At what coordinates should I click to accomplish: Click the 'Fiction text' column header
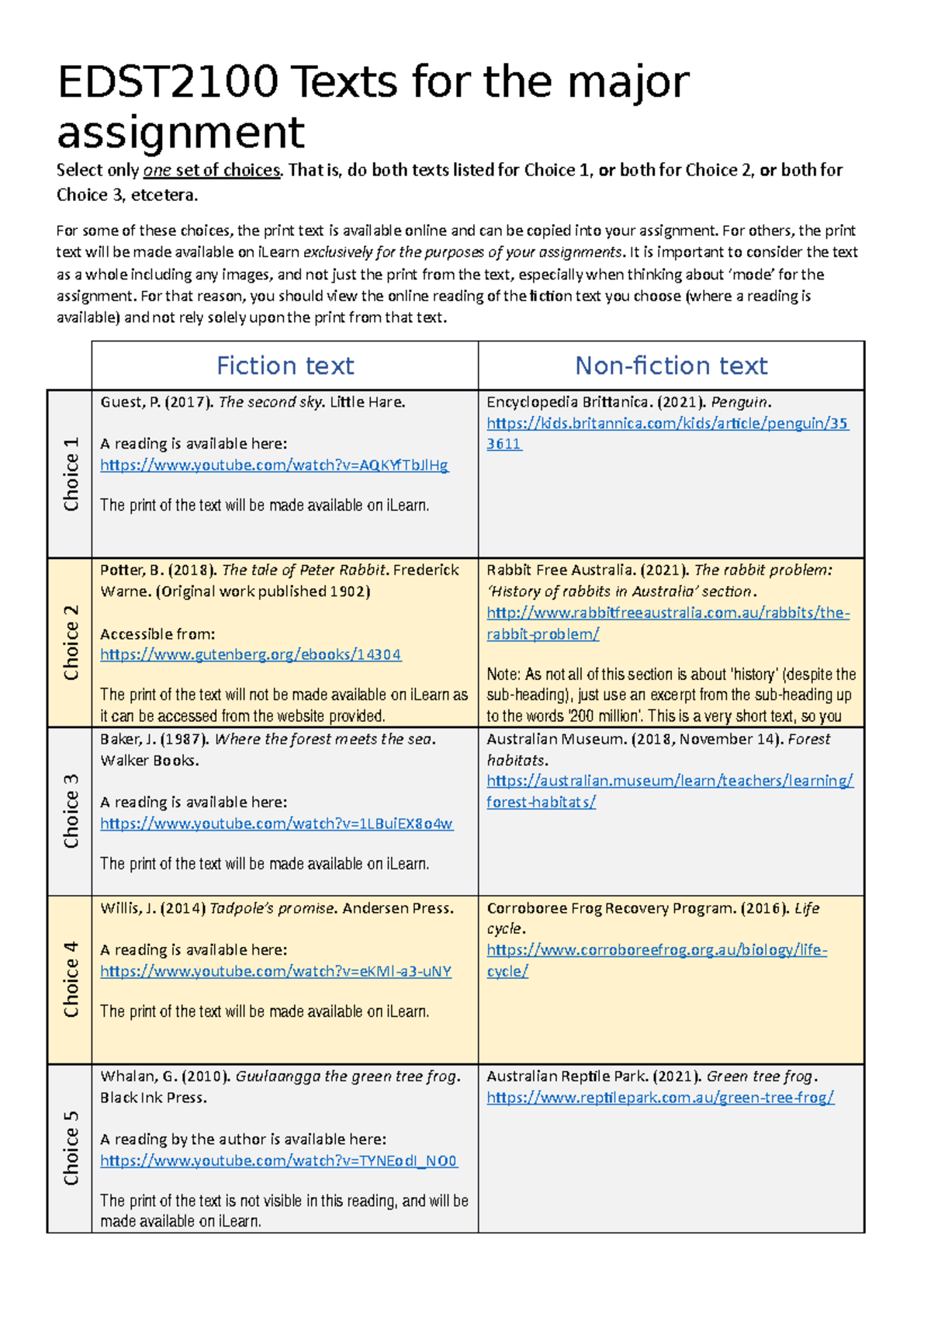[285, 366]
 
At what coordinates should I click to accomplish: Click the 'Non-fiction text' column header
[671, 366]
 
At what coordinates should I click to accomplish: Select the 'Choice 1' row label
[71, 474]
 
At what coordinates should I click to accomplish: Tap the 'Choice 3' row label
[71, 811]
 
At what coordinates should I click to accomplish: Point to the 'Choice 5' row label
[71, 1148]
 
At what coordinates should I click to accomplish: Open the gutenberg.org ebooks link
[251, 654]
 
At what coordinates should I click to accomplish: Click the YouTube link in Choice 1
[274, 465]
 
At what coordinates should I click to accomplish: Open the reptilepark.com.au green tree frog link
[660, 1098]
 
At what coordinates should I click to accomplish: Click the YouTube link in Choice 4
[275, 971]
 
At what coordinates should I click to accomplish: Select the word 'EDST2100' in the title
[168, 82]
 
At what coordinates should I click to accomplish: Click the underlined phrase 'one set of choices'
[211, 170]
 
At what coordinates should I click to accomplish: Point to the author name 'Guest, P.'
[130, 402]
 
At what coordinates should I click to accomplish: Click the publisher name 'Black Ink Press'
[153, 1098]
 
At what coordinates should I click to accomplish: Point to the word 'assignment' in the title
[181, 132]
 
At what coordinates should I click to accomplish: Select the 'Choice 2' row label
[71, 643]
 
